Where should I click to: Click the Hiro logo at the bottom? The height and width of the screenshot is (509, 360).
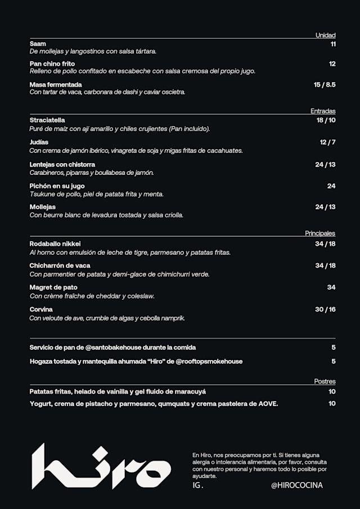[101, 467]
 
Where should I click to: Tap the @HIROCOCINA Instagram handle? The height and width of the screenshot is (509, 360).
[296, 485]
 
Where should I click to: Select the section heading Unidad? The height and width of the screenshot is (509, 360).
[325, 35]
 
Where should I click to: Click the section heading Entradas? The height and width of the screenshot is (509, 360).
[323, 111]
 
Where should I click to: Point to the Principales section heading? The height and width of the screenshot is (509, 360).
[320, 233]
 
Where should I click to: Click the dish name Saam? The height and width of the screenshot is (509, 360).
[38, 44]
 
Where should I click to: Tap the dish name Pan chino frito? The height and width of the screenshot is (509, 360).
[52, 64]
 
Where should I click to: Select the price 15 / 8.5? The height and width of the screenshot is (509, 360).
[325, 85]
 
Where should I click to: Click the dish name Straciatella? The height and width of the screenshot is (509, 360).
[47, 120]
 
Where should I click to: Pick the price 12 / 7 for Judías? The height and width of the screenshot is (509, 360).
[327, 142]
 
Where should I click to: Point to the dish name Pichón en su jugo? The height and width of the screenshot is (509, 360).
[57, 186]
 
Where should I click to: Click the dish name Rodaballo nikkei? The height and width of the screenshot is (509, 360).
[55, 244]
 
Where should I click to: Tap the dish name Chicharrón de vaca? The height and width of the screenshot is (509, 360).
[60, 265]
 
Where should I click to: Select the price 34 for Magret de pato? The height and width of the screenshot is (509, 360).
[331, 287]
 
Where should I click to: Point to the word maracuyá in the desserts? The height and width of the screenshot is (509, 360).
[193, 391]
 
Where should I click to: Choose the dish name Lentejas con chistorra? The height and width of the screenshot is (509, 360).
[62, 165]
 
